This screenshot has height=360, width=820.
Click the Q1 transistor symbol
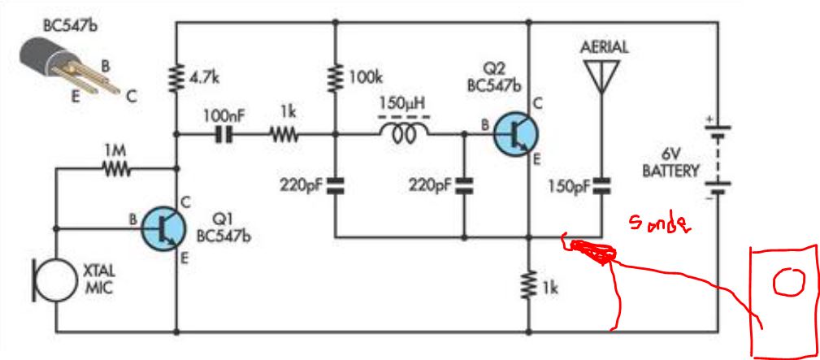(x=163, y=228)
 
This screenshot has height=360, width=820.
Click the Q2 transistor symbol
(x=515, y=134)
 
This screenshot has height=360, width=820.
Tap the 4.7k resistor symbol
(x=177, y=78)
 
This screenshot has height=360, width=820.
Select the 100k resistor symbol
(x=335, y=78)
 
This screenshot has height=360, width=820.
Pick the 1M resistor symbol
(x=115, y=168)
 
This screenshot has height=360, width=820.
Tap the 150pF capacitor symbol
(x=601, y=184)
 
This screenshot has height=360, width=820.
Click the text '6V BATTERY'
(x=671, y=163)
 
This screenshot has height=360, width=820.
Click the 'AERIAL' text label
(x=604, y=48)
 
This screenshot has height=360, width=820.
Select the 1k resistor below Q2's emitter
(x=529, y=285)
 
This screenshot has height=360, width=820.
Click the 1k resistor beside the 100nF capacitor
(x=284, y=135)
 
